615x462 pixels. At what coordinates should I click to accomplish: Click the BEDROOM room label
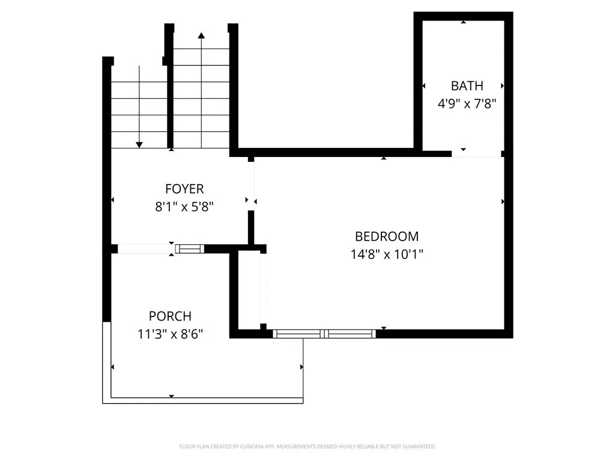(387, 236)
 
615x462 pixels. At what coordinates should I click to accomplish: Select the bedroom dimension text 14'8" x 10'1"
(387, 254)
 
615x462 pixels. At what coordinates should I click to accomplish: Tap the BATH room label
(467, 86)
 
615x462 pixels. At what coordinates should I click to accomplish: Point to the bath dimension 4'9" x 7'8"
(467, 103)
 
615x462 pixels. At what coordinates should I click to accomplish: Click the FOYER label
(184, 189)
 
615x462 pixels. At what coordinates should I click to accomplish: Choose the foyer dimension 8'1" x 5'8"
(184, 206)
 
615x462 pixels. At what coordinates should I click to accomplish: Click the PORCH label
(170, 316)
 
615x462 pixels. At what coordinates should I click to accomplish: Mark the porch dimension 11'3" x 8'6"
(170, 334)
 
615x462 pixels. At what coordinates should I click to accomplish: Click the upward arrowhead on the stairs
(201, 35)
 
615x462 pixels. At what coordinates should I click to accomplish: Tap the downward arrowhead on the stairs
(139, 144)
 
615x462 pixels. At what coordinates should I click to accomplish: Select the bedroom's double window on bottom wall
(324, 333)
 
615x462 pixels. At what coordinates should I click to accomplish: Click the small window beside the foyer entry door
(189, 248)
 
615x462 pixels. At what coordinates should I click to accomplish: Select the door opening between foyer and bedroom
(252, 184)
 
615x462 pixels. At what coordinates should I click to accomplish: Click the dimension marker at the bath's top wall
(463, 22)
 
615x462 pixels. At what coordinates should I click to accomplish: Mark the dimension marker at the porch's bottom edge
(172, 396)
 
